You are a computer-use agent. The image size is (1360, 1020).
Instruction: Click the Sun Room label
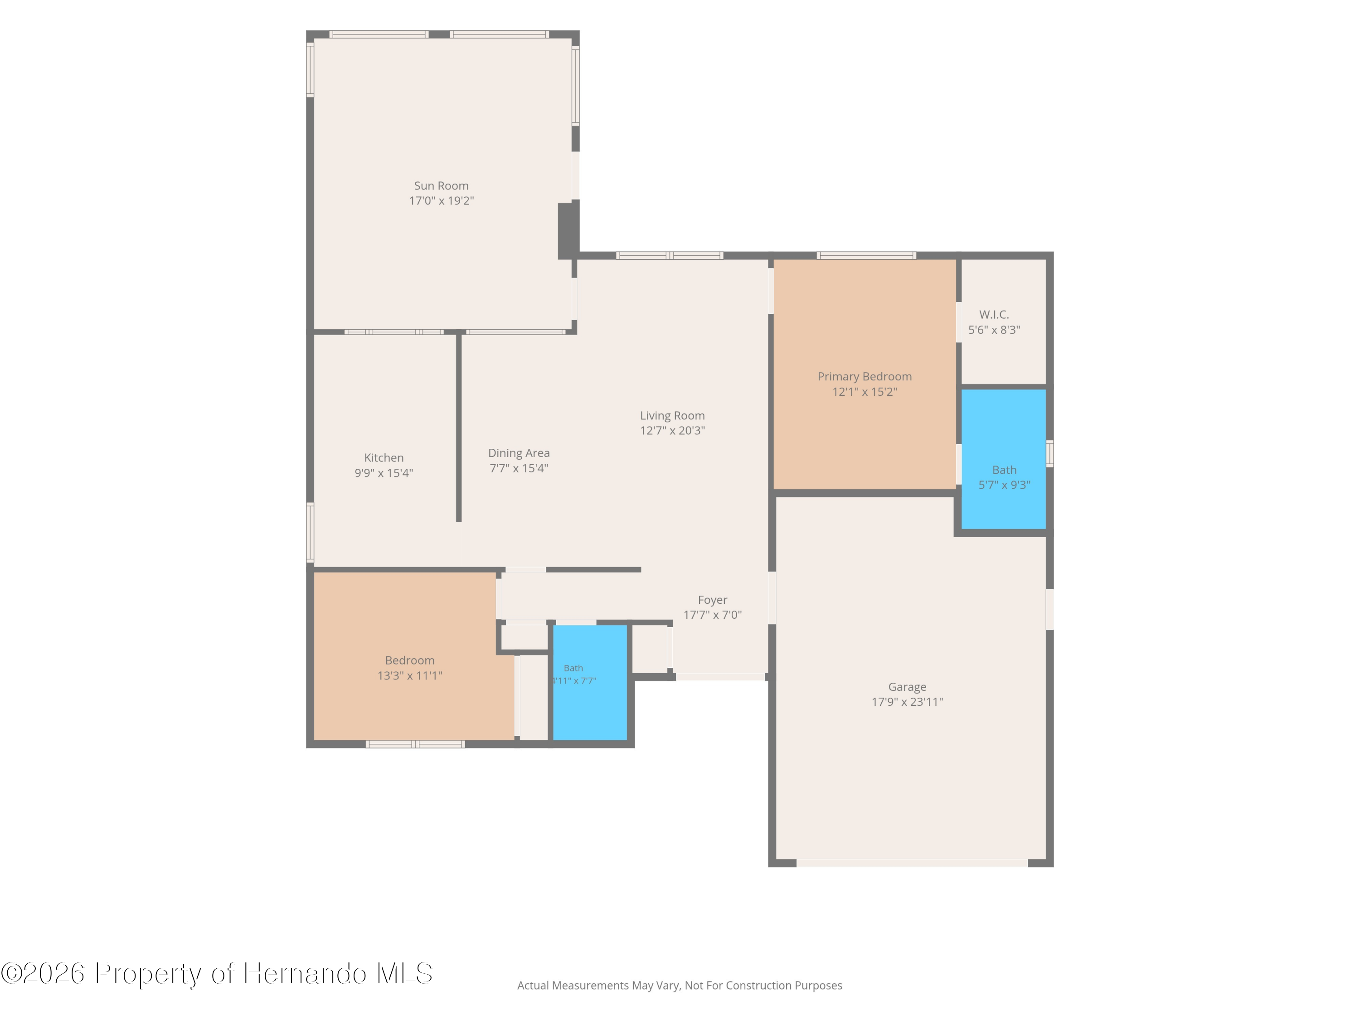click(441, 186)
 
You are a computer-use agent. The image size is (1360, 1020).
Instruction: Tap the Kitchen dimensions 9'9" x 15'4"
click(384, 473)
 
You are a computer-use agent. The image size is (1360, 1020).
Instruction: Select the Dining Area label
click(519, 453)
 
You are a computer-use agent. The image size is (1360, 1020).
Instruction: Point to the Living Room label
click(672, 416)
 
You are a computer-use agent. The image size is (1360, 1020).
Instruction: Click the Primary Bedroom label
click(865, 376)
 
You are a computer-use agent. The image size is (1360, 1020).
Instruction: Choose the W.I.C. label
click(994, 314)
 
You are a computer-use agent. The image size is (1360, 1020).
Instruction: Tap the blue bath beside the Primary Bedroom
click(1003, 459)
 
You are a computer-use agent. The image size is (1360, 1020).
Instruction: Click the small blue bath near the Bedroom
click(590, 682)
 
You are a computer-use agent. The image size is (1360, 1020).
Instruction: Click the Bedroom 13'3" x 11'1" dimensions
click(409, 675)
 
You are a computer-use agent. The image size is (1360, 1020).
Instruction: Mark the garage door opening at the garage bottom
click(912, 863)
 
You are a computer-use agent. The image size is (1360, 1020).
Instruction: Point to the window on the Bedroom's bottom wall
click(415, 744)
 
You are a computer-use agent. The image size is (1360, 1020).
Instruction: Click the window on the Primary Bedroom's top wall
click(866, 256)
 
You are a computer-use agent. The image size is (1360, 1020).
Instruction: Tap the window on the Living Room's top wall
click(670, 256)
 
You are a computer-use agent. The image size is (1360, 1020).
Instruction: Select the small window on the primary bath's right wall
click(1049, 454)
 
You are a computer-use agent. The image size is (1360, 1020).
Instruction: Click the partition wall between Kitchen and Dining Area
click(459, 427)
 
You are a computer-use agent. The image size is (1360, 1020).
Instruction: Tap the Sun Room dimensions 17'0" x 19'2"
click(442, 200)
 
